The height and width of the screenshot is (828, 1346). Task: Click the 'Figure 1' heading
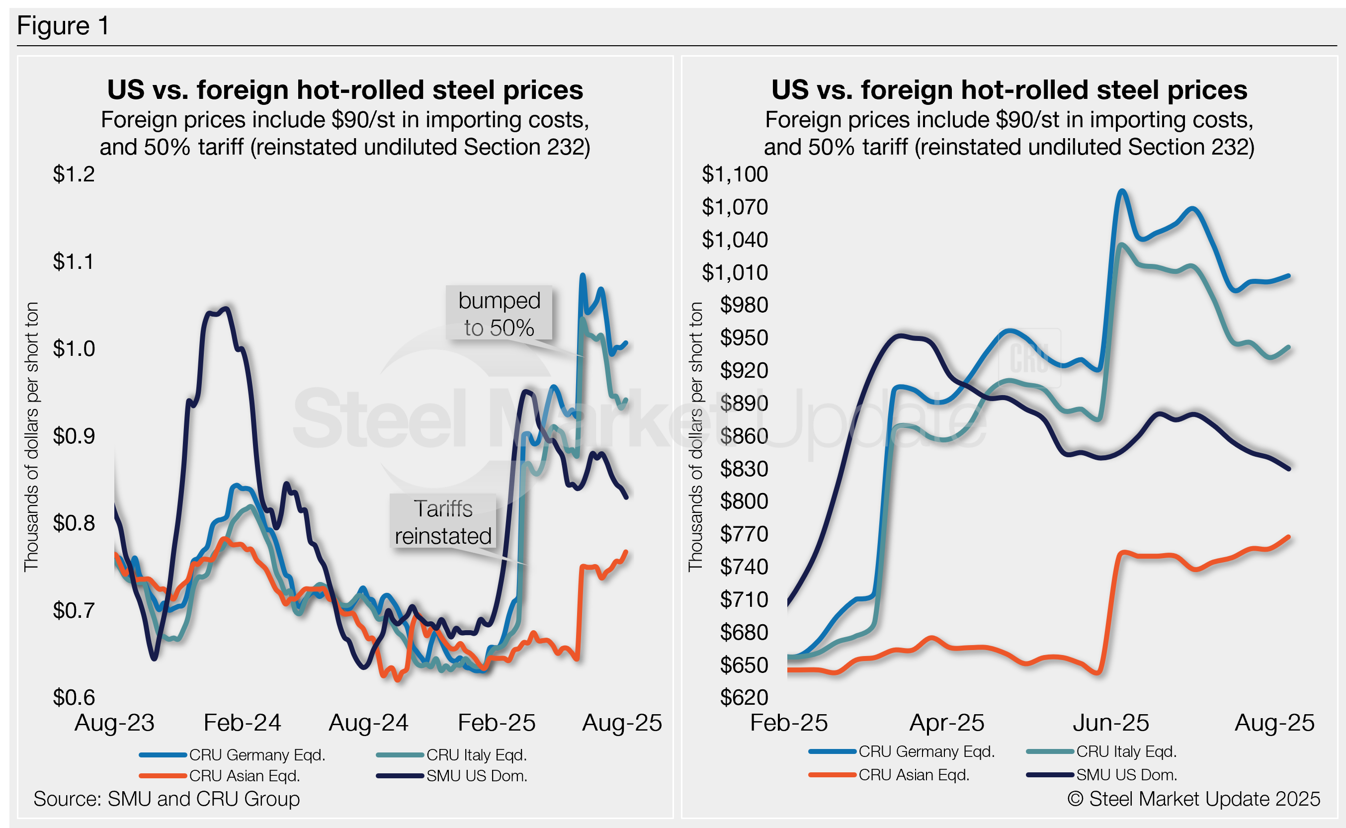point(63,26)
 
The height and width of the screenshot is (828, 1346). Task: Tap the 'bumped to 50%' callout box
point(499,313)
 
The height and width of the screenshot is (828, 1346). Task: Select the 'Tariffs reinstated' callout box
point(443,522)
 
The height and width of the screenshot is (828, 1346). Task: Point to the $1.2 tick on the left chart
point(74,174)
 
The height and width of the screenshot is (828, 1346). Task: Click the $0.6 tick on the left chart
point(74,697)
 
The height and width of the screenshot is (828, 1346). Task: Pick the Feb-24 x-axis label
point(242,723)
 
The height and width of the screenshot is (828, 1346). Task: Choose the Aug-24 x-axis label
point(368,723)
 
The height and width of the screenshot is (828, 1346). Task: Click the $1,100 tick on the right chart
point(734,174)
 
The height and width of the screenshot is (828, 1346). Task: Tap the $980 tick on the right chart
point(744,305)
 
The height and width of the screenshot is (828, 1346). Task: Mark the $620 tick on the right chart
point(744,697)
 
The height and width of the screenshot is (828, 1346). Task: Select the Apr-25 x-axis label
point(947,723)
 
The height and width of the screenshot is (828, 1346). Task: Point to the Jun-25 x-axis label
point(1110,723)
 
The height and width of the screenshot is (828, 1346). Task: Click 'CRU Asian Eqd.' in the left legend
point(244,776)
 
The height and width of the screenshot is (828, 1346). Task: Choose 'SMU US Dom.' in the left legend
point(476,776)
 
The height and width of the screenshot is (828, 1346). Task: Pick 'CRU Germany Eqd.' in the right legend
point(926,751)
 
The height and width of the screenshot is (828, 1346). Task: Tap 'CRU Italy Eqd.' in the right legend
point(1126,751)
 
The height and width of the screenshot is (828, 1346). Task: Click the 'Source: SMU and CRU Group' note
point(167,799)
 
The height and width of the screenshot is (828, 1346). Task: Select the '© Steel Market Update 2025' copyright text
point(1194,799)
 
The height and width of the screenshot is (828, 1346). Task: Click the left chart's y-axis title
point(31,436)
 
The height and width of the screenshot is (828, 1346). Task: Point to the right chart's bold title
point(1009,90)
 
